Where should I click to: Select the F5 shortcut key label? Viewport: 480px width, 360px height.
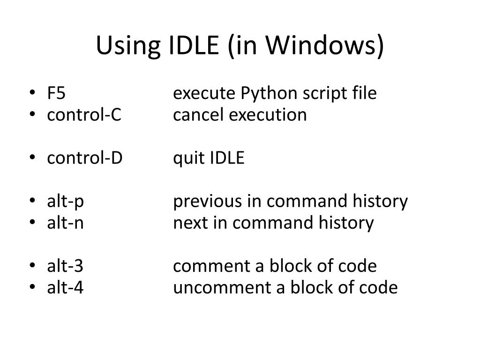point(56,93)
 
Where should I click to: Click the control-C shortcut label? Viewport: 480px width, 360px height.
point(84,114)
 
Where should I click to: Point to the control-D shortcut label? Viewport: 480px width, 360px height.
point(85,158)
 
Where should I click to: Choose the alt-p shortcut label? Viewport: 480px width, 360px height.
point(65,202)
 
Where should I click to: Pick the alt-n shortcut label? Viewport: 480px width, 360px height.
point(65,223)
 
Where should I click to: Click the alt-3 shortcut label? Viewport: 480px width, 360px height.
point(65,266)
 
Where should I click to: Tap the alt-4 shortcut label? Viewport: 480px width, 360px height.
point(65,287)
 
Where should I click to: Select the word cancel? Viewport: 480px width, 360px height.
point(199,114)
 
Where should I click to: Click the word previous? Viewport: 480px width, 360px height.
point(206,202)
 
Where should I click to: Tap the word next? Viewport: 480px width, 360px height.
point(189,223)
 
